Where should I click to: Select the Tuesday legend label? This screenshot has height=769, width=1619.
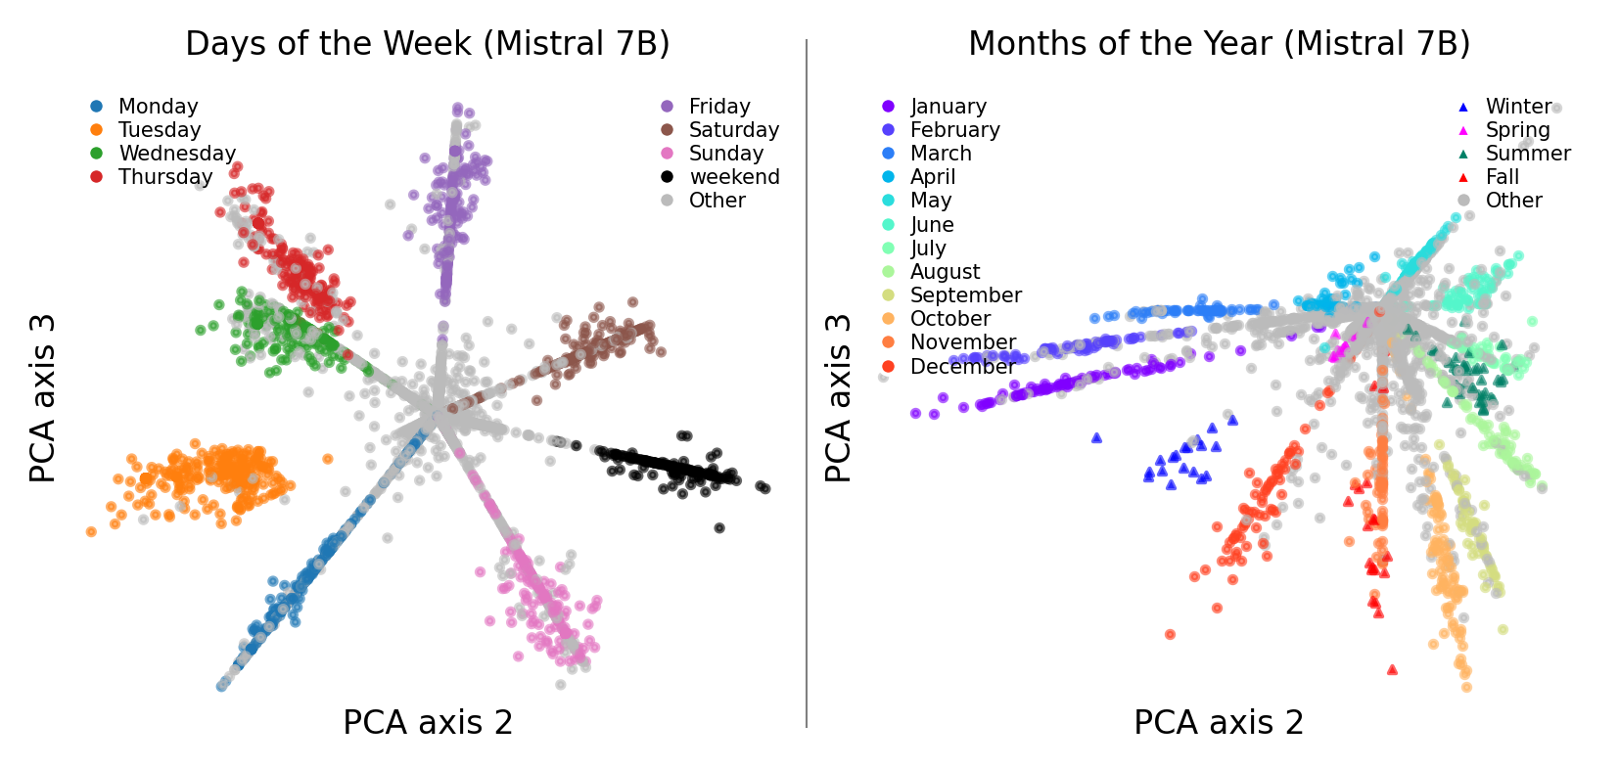click(x=159, y=129)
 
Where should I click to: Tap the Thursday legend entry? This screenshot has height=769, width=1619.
click(x=164, y=176)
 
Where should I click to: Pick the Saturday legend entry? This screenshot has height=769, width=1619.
click(x=732, y=129)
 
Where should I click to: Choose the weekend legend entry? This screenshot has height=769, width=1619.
click(x=733, y=176)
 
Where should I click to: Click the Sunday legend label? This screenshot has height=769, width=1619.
click(x=724, y=153)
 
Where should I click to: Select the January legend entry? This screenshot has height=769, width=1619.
click(x=947, y=106)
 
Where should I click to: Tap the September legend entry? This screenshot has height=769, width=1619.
click(x=964, y=294)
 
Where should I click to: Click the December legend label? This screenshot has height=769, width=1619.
click(x=962, y=366)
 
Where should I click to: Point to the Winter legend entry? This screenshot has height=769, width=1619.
click(x=1517, y=106)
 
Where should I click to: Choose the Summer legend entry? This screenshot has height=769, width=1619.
click(x=1527, y=153)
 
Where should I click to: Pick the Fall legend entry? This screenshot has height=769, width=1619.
click(x=1502, y=176)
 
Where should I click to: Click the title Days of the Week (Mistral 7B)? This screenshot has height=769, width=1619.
click(x=427, y=43)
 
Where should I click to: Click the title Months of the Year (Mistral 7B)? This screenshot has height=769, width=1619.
click(x=1219, y=43)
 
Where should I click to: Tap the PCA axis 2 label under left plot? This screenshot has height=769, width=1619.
click(x=427, y=722)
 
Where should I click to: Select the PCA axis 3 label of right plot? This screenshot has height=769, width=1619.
click(x=838, y=397)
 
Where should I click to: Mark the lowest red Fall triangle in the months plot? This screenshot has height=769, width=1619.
click(x=1392, y=670)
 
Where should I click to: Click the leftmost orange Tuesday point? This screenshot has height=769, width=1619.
click(x=91, y=532)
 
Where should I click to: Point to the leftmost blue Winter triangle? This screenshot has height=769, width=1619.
click(x=1096, y=437)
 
